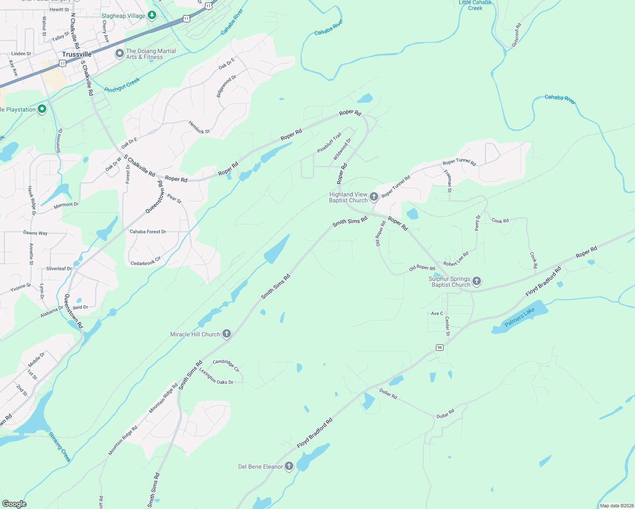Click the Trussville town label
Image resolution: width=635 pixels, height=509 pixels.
[x=76, y=54]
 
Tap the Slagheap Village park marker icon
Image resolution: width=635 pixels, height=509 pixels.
[x=152, y=16]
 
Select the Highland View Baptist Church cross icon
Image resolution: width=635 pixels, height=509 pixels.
[x=374, y=196]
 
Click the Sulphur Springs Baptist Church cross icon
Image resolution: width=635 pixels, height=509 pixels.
[x=477, y=281]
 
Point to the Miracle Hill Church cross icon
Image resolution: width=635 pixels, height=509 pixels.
[x=227, y=334]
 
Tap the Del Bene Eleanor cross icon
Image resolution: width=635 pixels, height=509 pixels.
[x=289, y=466]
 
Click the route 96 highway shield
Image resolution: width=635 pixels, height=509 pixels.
[x=440, y=347]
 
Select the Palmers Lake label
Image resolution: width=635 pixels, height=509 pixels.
[x=520, y=317]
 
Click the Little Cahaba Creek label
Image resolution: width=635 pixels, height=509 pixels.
[x=475, y=5]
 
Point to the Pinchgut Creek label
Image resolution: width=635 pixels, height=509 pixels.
[x=122, y=85]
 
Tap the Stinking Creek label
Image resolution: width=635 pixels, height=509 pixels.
[x=60, y=447]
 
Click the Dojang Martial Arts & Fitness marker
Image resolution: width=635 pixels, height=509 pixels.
[x=120, y=54]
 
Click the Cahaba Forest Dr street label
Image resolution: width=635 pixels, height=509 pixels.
[x=148, y=232]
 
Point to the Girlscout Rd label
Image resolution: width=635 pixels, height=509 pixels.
[x=516, y=35]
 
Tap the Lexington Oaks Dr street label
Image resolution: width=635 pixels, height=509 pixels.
[x=216, y=377]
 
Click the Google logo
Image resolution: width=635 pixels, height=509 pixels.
[x=14, y=504]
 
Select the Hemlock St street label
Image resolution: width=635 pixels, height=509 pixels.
[x=199, y=127]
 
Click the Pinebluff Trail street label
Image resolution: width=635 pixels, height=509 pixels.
[x=329, y=143]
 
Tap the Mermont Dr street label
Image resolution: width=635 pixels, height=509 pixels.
[x=66, y=205]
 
